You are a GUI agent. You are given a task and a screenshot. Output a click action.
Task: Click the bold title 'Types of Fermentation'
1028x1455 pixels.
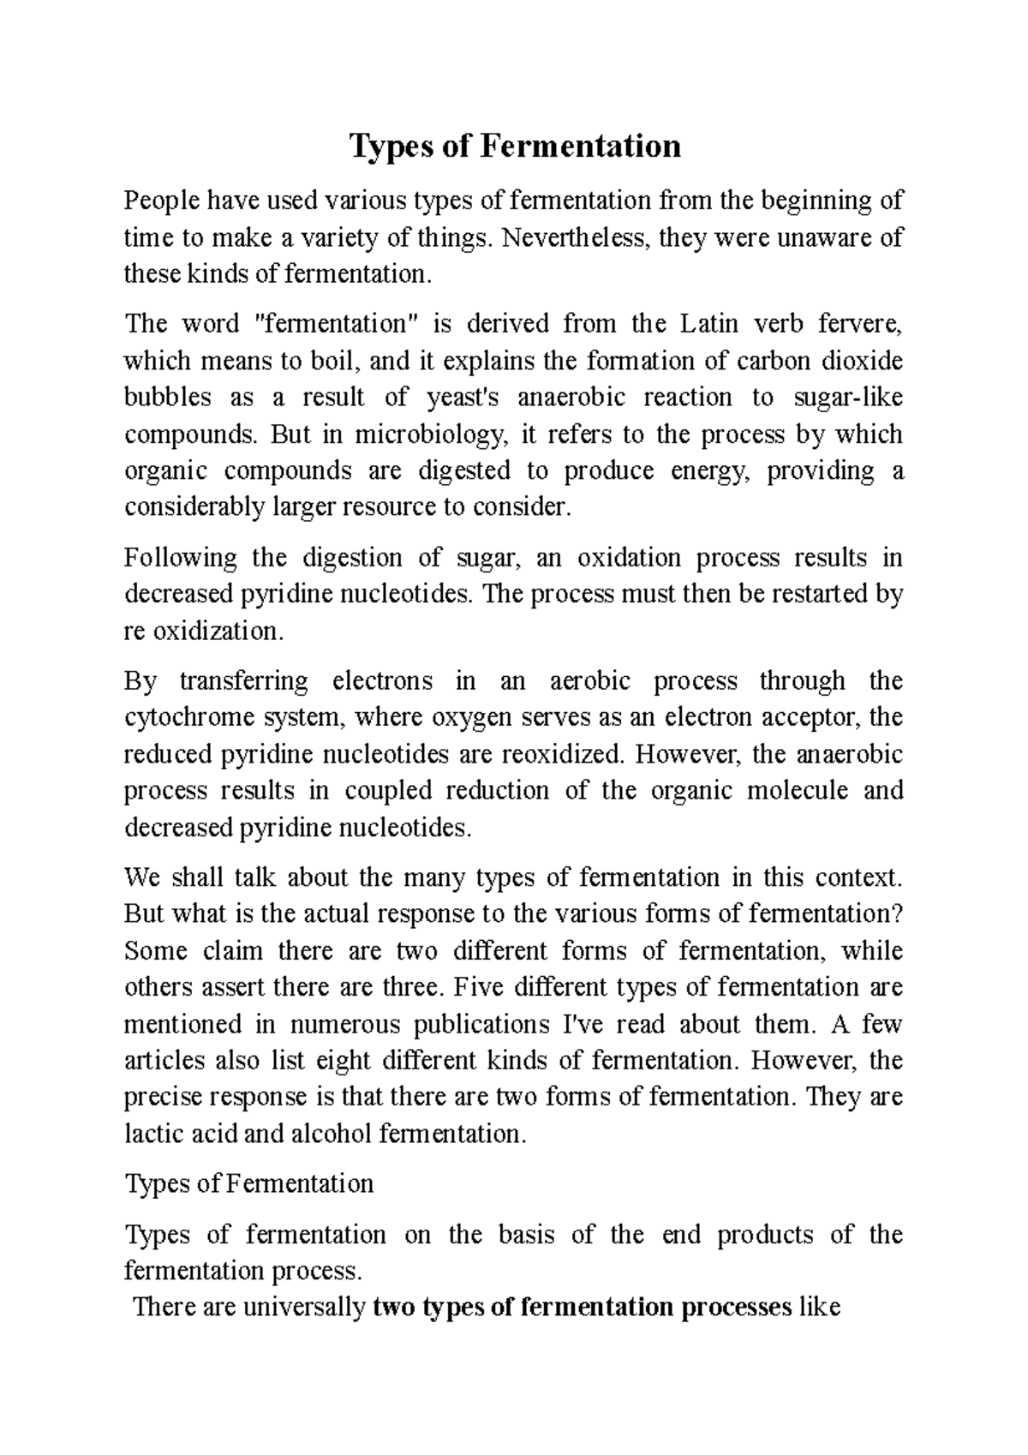(514, 147)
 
